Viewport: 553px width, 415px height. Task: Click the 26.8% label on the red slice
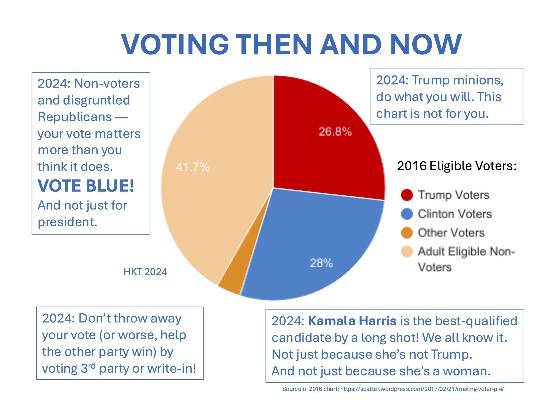[x=335, y=131]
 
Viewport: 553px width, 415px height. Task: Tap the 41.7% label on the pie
[x=192, y=167]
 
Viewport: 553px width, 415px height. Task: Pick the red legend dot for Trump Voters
[x=407, y=195]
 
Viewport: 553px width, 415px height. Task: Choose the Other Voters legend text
[x=451, y=233]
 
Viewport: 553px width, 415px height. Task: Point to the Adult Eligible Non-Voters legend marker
[x=407, y=252]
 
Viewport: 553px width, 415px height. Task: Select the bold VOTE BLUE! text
[x=86, y=186]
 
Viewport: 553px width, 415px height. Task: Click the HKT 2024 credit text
[x=145, y=272]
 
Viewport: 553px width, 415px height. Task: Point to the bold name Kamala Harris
[x=352, y=321]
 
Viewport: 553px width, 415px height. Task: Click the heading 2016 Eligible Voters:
[x=457, y=166]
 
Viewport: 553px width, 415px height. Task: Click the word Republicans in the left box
[x=75, y=117]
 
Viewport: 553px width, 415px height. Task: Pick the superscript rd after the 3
[x=92, y=366]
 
